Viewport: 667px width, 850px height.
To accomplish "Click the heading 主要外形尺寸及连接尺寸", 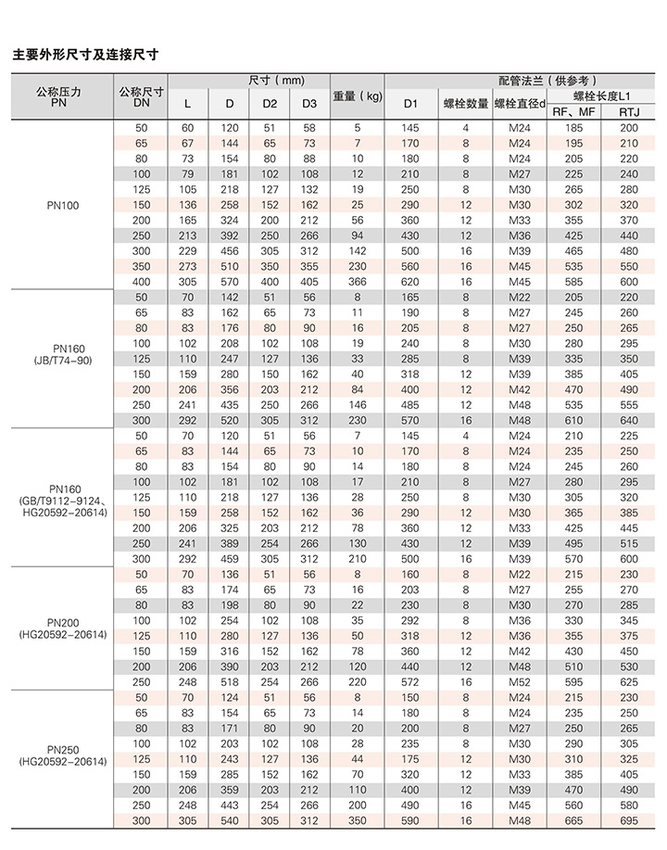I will (85, 55).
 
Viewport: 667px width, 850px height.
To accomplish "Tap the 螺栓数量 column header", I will (465, 103).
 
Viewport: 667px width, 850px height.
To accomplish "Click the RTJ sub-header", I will (629, 112).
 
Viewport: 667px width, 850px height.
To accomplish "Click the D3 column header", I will (309, 103).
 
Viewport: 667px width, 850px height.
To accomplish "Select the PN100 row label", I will (62, 205).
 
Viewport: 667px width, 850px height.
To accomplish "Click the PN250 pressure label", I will (62, 748).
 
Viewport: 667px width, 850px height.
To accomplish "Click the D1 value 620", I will (411, 282).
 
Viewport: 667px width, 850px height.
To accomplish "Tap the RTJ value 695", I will (629, 820).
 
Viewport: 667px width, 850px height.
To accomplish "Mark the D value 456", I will (229, 251).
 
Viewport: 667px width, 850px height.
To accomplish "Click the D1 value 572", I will (411, 682).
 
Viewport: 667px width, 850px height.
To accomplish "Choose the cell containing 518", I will (229, 682).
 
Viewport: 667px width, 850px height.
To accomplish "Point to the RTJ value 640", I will (629, 420).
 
